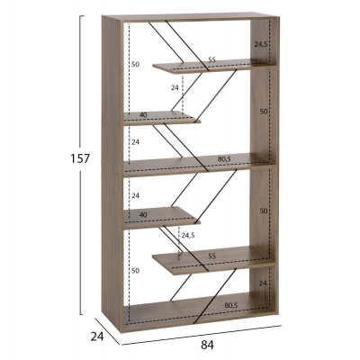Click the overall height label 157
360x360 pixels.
[x=80, y=158]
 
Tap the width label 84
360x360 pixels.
[x=207, y=346]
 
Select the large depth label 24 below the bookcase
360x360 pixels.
[x=97, y=337]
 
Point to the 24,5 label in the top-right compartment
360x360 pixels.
[x=261, y=44]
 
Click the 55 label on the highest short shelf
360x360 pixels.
[x=211, y=60]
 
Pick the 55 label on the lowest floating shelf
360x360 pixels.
[x=211, y=256]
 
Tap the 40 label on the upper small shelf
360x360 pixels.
[x=143, y=114]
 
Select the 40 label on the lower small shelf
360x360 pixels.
[x=143, y=215]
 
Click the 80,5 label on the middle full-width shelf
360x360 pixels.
[x=224, y=159]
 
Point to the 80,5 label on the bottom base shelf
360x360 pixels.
[x=231, y=305]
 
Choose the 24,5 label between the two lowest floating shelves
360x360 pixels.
[x=188, y=235]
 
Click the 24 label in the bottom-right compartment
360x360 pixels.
[x=263, y=283]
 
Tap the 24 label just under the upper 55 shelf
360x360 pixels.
[x=175, y=87]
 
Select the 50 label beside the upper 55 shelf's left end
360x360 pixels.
[x=136, y=64]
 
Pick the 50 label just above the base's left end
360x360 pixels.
[x=136, y=271]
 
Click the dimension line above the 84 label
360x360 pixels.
[x=202, y=335]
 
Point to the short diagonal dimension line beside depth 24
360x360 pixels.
[x=108, y=331]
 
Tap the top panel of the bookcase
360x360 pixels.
[x=191, y=17]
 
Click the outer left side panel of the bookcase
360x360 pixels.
[x=112, y=174]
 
